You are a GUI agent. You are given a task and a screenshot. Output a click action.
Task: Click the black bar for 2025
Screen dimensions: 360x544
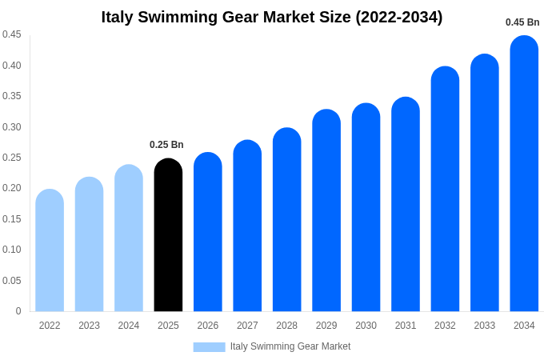click(168, 235)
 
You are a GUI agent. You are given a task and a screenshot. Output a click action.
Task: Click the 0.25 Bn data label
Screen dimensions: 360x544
click(166, 145)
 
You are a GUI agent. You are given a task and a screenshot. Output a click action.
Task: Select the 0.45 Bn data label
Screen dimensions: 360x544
click(522, 22)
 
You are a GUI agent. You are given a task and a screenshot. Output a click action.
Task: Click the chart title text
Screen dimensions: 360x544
click(272, 17)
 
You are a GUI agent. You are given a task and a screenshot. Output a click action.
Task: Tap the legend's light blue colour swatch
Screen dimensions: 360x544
click(209, 346)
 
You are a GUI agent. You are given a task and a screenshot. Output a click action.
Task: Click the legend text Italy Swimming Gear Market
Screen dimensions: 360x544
click(290, 346)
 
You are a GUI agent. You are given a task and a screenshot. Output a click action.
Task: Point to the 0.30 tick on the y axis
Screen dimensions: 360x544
click(12, 126)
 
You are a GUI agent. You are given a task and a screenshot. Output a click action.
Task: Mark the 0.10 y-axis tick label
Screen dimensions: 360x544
click(12, 250)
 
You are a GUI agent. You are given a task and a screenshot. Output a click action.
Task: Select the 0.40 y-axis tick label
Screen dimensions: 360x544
click(12, 65)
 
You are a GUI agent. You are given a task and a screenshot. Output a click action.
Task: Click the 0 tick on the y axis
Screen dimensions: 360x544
click(18, 311)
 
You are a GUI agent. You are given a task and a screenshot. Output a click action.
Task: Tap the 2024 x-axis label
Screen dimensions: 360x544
click(129, 326)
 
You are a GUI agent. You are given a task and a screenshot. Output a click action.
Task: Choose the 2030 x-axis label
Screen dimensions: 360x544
click(366, 326)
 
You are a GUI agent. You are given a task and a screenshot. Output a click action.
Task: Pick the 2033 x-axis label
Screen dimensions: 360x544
click(484, 326)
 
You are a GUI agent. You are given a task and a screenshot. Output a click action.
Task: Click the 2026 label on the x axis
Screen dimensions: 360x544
click(208, 326)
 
